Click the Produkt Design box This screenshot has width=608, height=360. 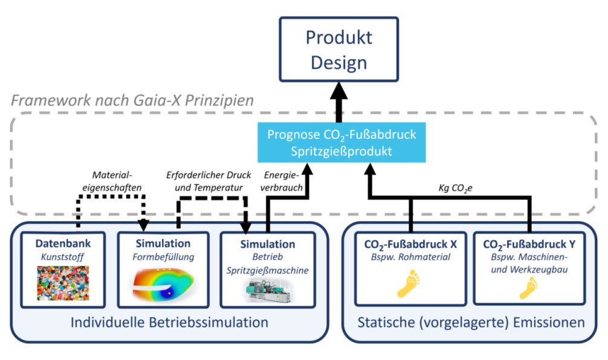tap(338, 50)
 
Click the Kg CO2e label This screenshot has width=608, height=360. tap(455, 188)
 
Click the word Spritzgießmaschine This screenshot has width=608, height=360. tap(268, 271)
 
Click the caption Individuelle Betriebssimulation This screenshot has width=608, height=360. tap(169, 323)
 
